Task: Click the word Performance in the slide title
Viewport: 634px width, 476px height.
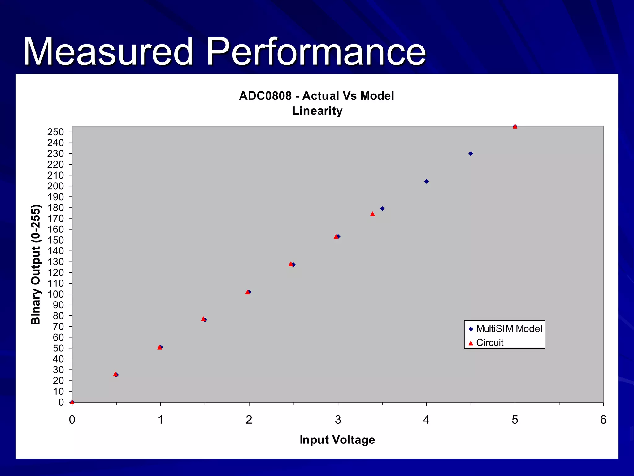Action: pyautogui.click(x=316, y=52)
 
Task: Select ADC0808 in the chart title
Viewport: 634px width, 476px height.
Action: pyautogui.click(x=265, y=96)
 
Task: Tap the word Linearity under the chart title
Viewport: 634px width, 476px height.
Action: pyautogui.click(x=317, y=111)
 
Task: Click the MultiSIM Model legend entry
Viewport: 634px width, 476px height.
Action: pyautogui.click(x=509, y=328)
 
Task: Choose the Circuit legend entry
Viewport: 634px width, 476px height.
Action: pyautogui.click(x=489, y=342)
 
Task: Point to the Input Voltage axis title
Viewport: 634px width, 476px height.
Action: pyautogui.click(x=337, y=440)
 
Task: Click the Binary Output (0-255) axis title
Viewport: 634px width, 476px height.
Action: pyautogui.click(x=36, y=264)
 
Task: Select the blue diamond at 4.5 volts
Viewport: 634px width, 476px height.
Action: pyautogui.click(x=471, y=154)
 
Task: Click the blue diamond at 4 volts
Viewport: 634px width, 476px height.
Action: pyautogui.click(x=426, y=181)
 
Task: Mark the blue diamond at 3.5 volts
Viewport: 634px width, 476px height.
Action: pyautogui.click(x=382, y=209)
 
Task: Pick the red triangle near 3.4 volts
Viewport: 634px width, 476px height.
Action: pyautogui.click(x=372, y=214)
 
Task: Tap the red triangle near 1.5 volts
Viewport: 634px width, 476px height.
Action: pyautogui.click(x=203, y=319)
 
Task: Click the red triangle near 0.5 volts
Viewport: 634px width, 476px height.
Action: pyautogui.click(x=115, y=374)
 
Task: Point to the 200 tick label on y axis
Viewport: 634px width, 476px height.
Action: pyautogui.click(x=55, y=186)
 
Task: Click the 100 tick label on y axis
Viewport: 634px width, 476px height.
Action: pyautogui.click(x=55, y=294)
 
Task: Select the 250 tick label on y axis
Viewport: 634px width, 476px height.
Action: pyautogui.click(x=55, y=132)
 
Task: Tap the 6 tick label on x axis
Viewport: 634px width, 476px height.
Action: pyautogui.click(x=603, y=420)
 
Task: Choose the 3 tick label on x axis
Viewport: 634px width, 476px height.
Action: pyautogui.click(x=338, y=420)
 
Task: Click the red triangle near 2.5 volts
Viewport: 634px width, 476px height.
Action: pyautogui.click(x=290, y=264)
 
